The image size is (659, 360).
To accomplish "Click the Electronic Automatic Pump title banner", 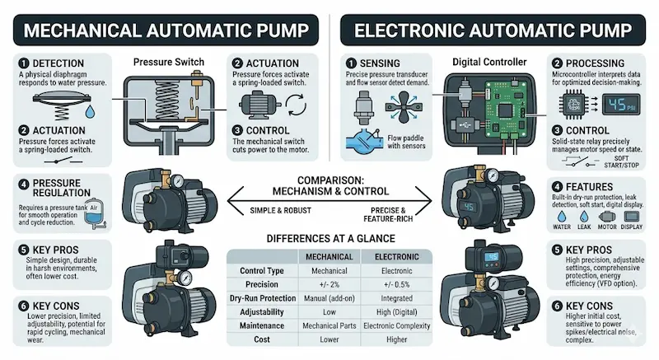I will click(495, 30).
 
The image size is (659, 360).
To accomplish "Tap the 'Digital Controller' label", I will click(487, 63).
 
